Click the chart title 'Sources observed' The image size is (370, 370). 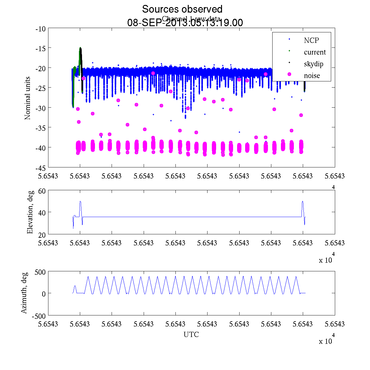182,9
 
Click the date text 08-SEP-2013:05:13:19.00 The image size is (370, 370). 185,23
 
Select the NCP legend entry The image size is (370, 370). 311,40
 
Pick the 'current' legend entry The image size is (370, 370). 314,52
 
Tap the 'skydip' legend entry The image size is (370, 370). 313,64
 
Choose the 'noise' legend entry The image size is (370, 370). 312,76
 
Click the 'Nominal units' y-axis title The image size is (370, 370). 28,98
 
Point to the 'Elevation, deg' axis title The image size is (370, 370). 30,212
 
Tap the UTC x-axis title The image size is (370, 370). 191,335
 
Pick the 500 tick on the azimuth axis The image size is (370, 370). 40,272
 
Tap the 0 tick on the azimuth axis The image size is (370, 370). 44,294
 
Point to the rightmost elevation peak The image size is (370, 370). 302,202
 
